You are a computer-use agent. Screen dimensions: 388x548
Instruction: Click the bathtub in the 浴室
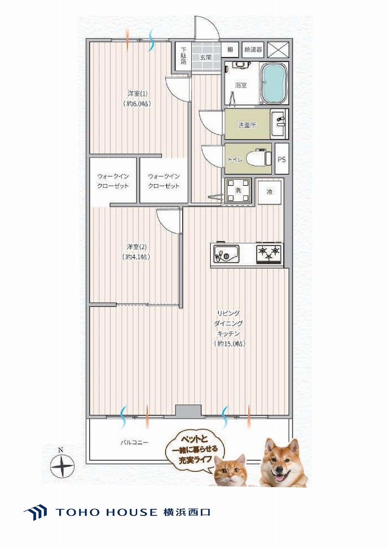coord(274,83)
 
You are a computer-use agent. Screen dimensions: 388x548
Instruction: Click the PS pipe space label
coord(282,160)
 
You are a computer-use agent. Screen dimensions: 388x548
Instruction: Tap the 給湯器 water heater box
coord(253,50)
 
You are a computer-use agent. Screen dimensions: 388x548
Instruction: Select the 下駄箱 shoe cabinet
coord(183,56)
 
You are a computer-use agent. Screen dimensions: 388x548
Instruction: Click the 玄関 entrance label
coord(206,58)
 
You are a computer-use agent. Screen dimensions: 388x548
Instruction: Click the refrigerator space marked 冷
coord(270,192)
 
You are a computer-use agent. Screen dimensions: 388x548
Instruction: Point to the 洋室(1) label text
coord(137,93)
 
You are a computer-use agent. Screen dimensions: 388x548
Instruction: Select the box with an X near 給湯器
coord(278,50)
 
